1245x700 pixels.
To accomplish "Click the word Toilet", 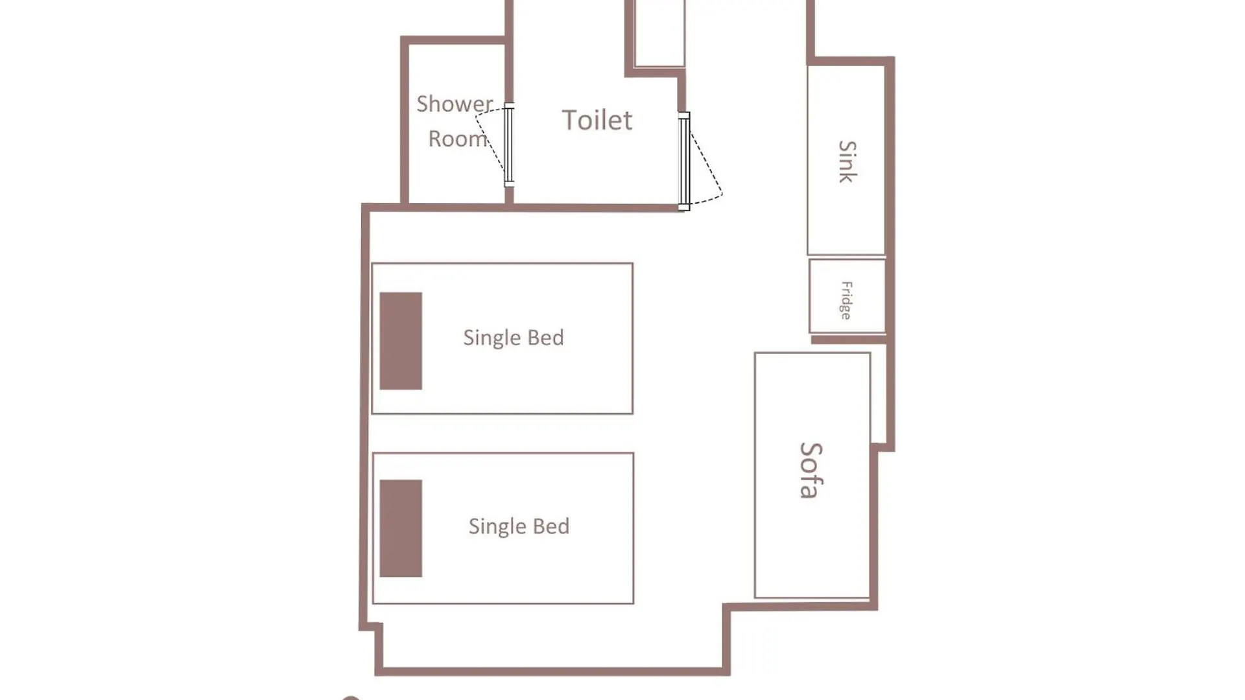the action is pyautogui.click(x=597, y=121).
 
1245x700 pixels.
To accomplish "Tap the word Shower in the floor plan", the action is pyautogui.click(x=455, y=104).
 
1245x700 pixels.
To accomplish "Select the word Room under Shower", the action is pyautogui.click(x=458, y=139).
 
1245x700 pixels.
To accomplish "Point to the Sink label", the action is pyautogui.click(x=847, y=161).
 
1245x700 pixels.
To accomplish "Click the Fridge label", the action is pyautogui.click(x=846, y=300).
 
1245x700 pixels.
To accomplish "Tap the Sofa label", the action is pyautogui.click(x=811, y=471).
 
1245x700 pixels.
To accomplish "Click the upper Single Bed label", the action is pyautogui.click(x=514, y=338).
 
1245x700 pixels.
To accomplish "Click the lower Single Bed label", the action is pyautogui.click(x=519, y=526).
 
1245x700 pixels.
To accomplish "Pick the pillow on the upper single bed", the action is pyautogui.click(x=401, y=341).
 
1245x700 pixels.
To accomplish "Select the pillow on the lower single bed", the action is pyautogui.click(x=401, y=528).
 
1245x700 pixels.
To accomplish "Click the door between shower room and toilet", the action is pyautogui.click(x=509, y=145).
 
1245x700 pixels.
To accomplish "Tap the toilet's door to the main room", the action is pyautogui.click(x=684, y=161).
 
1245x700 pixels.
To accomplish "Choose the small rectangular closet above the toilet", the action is pyautogui.click(x=659, y=33).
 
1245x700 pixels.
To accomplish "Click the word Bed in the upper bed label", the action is pyautogui.click(x=546, y=337).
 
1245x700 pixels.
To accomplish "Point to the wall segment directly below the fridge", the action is pyautogui.click(x=849, y=340).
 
